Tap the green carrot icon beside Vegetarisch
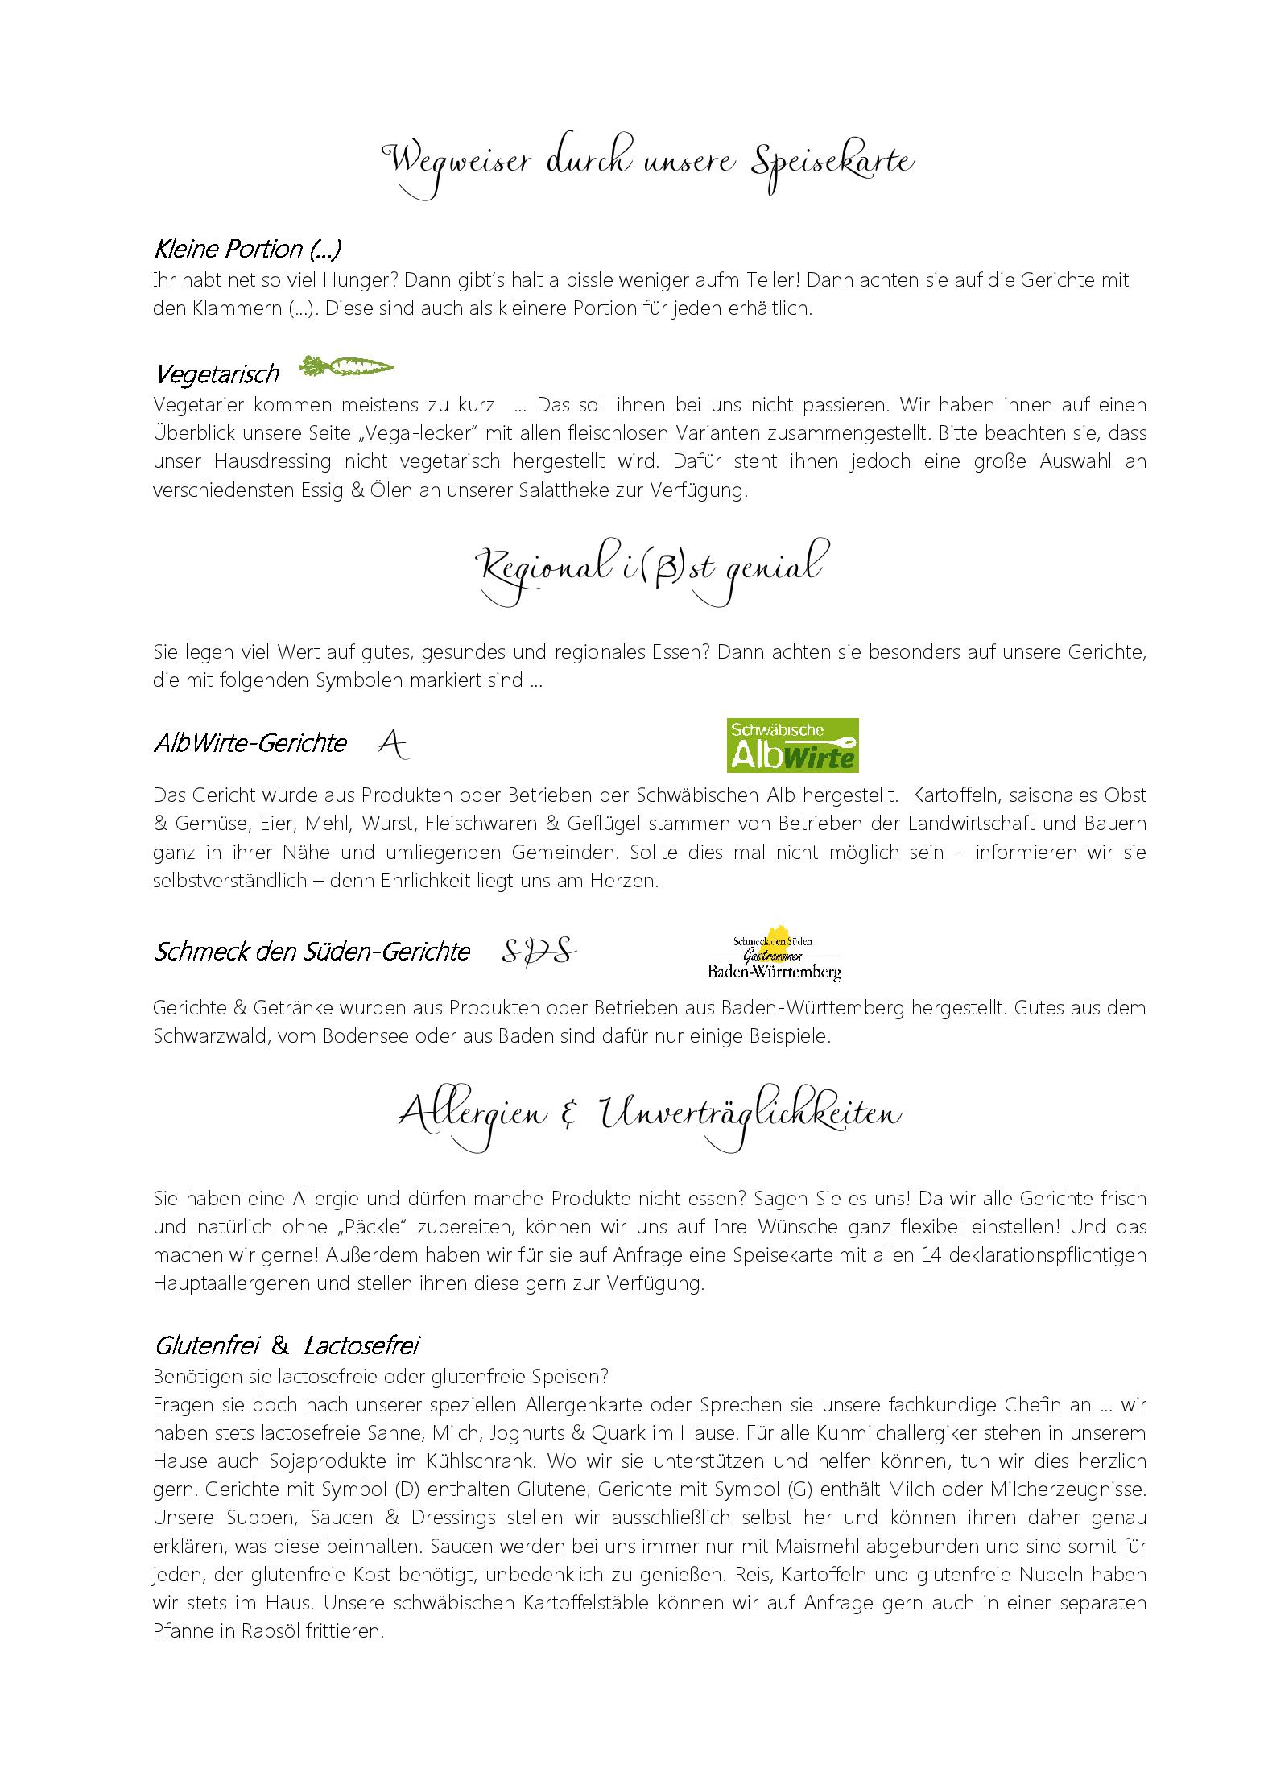(x=346, y=368)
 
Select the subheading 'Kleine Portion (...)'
(x=247, y=250)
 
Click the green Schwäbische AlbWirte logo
(x=792, y=746)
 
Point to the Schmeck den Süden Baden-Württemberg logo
(x=774, y=952)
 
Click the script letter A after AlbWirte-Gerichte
(x=393, y=744)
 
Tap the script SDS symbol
(x=539, y=952)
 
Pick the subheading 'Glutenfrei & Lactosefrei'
(x=287, y=1345)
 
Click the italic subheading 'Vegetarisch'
(x=217, y=374)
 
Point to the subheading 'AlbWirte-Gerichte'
(x=250, y=743)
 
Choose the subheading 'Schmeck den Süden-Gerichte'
(x=312, y=952)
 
